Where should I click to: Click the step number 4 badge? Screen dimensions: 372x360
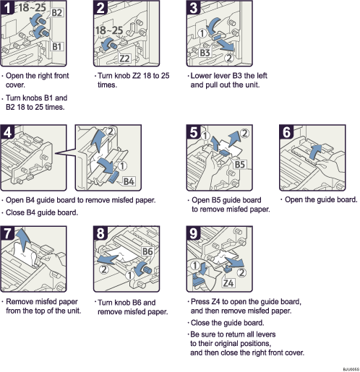9,133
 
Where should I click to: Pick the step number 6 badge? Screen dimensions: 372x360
287,133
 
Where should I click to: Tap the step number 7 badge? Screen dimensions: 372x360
9,235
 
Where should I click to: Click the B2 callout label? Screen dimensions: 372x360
58,13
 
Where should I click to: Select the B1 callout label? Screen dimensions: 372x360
58,46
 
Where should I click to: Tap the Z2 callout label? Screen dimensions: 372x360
124,59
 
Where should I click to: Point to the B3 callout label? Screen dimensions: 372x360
205,53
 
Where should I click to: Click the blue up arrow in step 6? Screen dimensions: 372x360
314,150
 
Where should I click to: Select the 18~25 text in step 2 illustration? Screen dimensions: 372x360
108,31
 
